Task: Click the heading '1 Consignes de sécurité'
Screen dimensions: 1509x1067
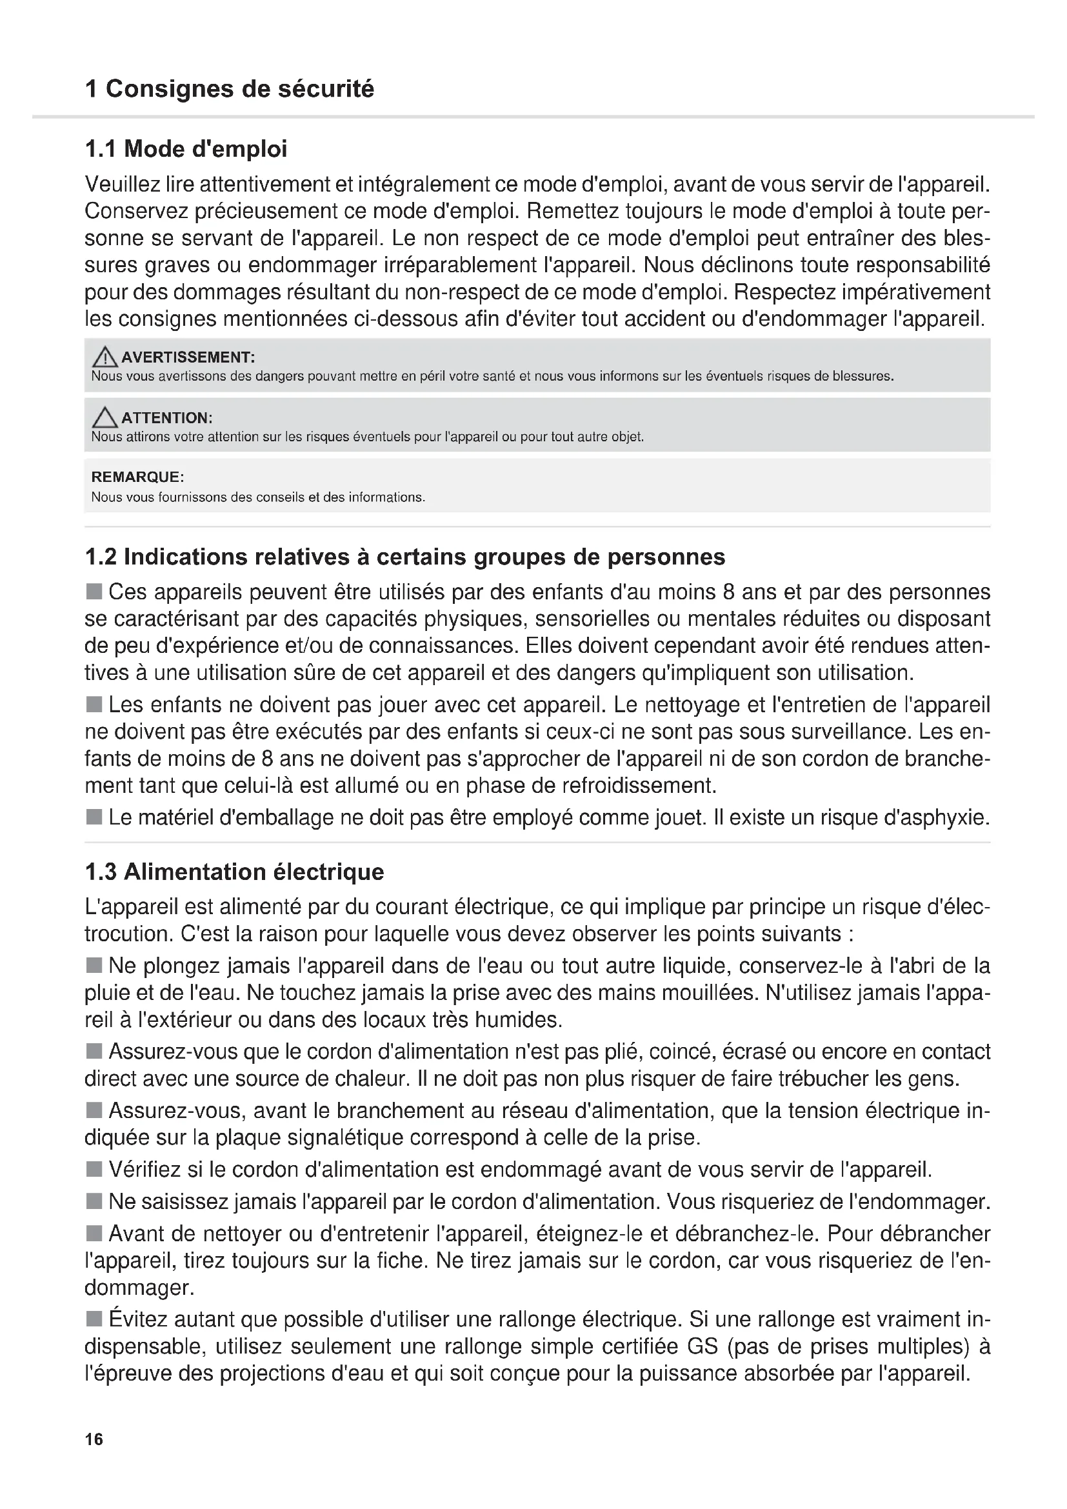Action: coord(229,89)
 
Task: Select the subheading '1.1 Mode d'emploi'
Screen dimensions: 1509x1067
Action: coord(186,149)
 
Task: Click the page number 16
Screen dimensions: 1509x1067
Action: coord(94,1439)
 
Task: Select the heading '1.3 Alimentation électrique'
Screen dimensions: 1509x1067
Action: coord(235,872)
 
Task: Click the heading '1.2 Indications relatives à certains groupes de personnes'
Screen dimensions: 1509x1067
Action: coord(404,557)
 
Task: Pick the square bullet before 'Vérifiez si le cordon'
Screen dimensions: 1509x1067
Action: coord(95,1170)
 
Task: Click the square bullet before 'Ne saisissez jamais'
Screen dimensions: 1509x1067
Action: coord(95,1202)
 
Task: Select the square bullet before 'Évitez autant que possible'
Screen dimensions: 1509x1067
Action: coord(95,1319)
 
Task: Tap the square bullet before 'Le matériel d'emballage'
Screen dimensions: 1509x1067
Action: coord(95,817)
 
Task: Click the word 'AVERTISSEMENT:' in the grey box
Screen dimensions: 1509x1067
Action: coord(188,357)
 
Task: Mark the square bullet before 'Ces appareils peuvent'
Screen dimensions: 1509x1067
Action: coord(95,592)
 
